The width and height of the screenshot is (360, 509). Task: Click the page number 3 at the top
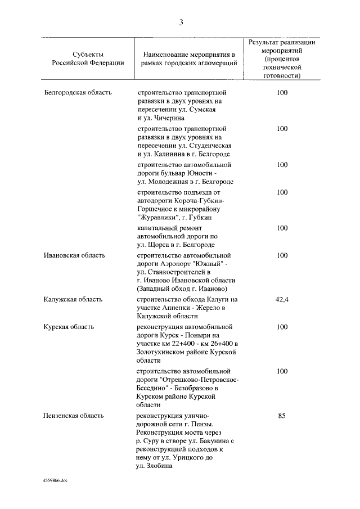181,22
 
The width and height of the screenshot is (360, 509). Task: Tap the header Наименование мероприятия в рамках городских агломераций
190,58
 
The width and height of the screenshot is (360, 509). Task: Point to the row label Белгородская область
78,92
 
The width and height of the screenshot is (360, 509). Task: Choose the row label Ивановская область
75,255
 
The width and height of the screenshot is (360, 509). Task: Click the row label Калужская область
73,300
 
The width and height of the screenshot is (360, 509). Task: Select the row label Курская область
69,327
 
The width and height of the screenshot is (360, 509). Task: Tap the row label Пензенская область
74,416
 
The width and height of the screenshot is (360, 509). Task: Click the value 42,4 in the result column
282,300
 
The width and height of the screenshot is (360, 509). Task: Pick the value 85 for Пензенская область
282,416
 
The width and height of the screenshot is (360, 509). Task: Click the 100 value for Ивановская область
282,255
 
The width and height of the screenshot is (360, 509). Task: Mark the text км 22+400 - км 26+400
192,344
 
